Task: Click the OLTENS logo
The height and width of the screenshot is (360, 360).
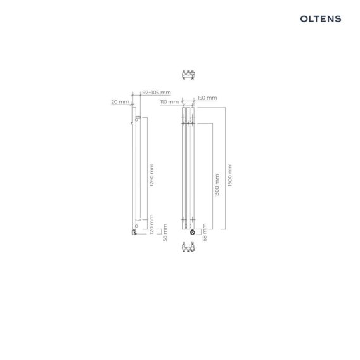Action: click(x=321, y=19)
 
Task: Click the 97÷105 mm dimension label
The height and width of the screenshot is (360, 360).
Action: click(x=157, y=93)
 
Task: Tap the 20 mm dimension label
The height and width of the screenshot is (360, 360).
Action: click(x=120, y=102)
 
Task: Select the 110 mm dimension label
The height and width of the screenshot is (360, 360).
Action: click(x=169, y=102)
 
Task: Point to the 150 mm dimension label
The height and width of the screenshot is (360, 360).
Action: click(x=207, y=98)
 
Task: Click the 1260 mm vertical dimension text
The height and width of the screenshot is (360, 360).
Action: click(x=151, y=175)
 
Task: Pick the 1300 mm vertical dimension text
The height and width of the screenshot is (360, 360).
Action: click(x=217, y=185)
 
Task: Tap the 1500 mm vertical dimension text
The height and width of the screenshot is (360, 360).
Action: click(x=230, y=175)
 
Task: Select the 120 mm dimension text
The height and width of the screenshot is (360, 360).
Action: click(x=151, y=224)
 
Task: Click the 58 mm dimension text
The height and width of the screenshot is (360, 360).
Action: click(x=165, y=233)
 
